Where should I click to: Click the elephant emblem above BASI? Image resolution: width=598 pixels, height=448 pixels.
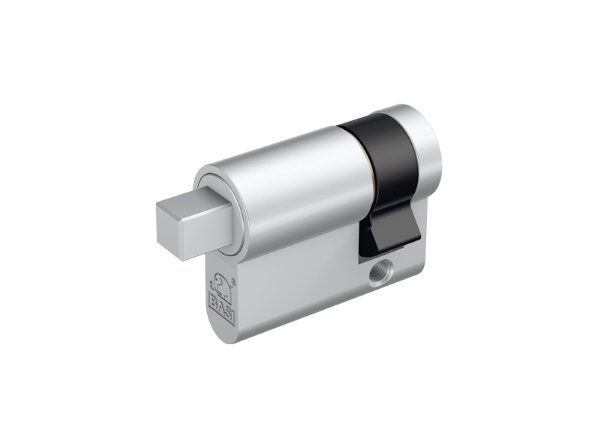coord(221,284)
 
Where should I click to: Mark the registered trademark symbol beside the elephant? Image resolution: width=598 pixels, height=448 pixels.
coord(234,282)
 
